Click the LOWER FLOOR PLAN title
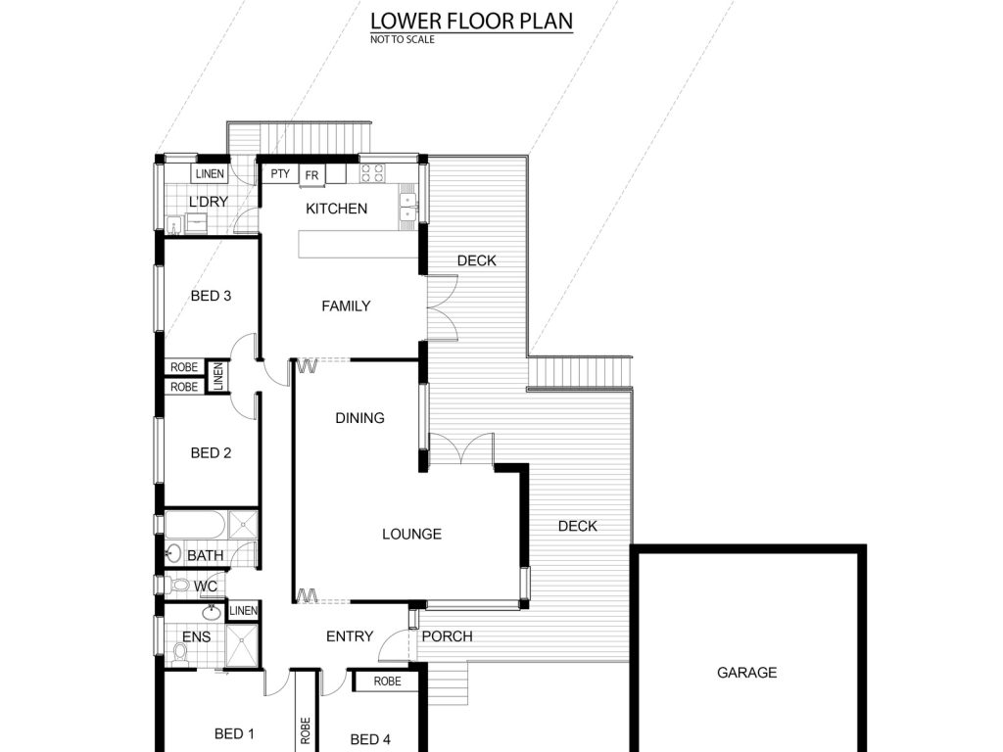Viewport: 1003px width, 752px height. (471, 21)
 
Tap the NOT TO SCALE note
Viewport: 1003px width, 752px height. (403, 39)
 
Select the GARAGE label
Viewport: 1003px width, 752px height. (746, 673)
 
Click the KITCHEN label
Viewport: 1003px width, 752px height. (337, 209)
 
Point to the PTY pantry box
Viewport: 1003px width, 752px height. (280, 174)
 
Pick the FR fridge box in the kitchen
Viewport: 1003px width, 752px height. (312, 175)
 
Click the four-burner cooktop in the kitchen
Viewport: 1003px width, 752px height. (372, 173)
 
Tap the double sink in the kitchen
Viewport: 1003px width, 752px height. (407, 207)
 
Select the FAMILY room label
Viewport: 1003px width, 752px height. (346, 306)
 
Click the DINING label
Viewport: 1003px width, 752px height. (360, 418)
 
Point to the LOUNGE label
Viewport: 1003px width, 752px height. (411, 534)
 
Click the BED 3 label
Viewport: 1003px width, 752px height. (211, 296)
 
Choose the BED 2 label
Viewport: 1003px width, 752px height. (211, 453)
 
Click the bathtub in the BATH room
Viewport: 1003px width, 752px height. (195, 525)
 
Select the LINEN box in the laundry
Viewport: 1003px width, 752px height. (210, 174)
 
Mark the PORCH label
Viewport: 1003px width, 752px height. (447, 636)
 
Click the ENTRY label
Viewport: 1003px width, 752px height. (350, 636)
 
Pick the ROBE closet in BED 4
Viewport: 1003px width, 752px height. (387, 681)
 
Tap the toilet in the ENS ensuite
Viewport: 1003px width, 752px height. (180, 653)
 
